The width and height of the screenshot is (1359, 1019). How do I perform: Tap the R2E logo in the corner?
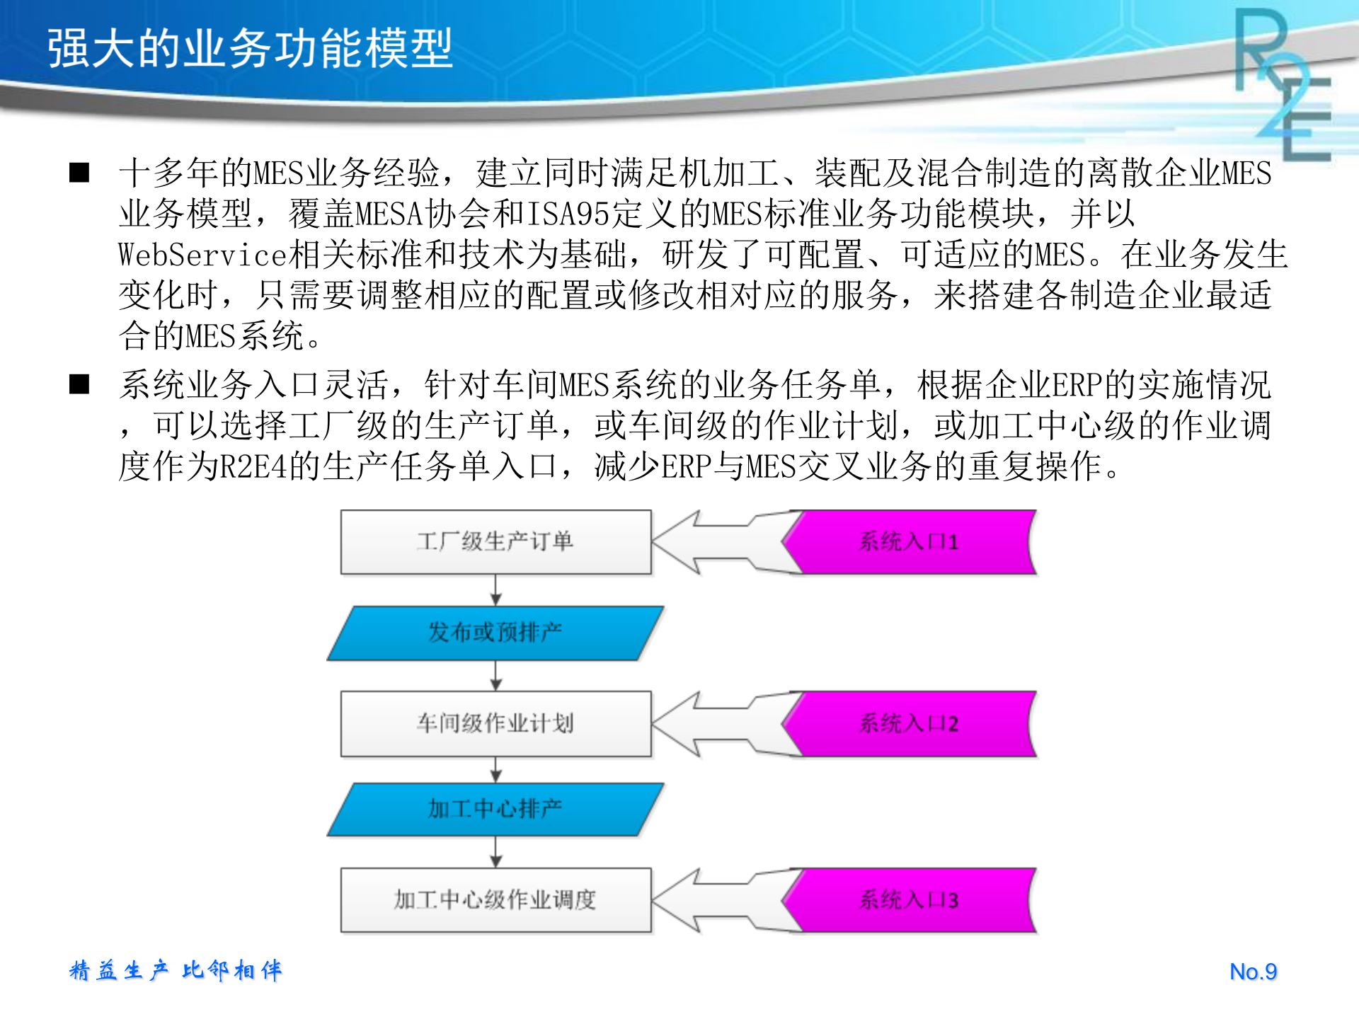click(x=1283, y=85)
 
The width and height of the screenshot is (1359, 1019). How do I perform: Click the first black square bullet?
click(x=79, y=173)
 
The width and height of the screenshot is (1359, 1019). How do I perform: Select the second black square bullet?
click(x=79, y=384)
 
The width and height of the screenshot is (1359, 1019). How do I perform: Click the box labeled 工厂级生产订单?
click(x=495, y=542)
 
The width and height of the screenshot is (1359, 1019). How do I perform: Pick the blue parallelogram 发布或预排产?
click(x=495, y=633)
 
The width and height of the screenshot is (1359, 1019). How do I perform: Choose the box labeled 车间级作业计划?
click(x=495, y=723)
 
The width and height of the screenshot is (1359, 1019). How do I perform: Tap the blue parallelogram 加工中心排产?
click(x=495, y=809)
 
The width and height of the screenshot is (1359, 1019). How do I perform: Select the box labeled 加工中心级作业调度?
click(x=495, y=900)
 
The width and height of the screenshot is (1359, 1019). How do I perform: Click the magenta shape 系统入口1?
click(x=910, y=542)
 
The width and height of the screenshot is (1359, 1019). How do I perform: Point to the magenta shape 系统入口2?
click(x=910, y=723)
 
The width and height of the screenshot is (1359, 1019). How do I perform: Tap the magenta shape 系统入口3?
click(x=910, y=900)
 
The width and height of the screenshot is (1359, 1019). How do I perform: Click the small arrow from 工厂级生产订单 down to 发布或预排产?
click(x=495, y=590)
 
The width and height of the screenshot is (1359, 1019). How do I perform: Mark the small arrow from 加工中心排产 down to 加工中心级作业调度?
click(x=495, y=852)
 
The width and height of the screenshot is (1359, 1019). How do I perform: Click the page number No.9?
click(x=1253, y=972)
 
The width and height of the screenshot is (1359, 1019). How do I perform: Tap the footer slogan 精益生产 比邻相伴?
click(x=176, y=970)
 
